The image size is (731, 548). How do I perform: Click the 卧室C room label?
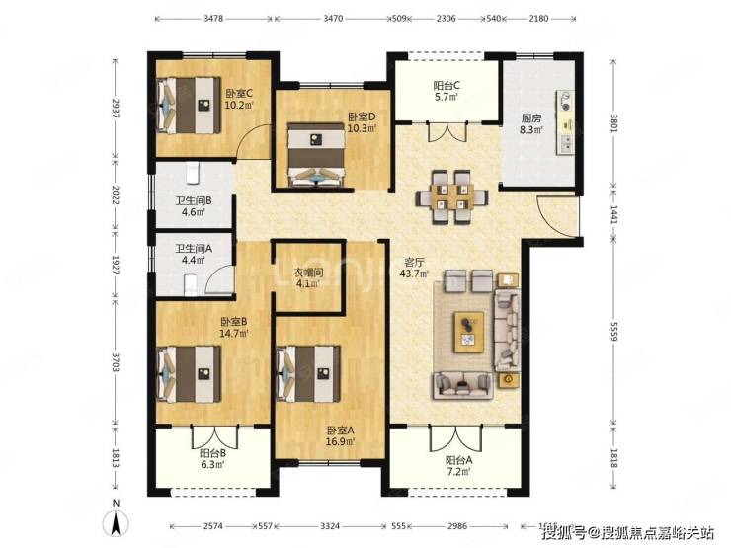[239, 93]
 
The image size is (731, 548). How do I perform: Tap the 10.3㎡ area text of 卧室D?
[362, 128]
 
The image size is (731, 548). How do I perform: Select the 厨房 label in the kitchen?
[531, 118]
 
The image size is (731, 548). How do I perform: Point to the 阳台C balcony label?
[447, 86]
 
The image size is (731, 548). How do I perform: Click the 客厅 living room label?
[414, 263]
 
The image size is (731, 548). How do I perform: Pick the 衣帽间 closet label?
[308, 273]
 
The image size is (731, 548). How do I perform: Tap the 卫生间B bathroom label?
[194, 200]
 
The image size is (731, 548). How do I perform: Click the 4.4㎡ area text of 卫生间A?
[194, 260]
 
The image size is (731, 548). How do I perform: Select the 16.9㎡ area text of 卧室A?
[340, 441]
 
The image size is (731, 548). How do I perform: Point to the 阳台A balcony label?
[458, 460]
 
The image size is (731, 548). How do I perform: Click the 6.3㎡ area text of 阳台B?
[213, 465]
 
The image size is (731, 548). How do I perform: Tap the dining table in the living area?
[452, 197]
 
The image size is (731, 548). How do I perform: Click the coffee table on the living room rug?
[468, 332]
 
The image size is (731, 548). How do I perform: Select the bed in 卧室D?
[316, 154]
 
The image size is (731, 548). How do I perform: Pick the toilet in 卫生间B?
[193, 173]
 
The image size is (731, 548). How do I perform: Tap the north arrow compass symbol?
[117, 522]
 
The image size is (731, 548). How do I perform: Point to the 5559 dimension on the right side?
[614, 332]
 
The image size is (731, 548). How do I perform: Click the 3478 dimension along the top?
[213, 19]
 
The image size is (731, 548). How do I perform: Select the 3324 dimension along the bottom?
[330, 526]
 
